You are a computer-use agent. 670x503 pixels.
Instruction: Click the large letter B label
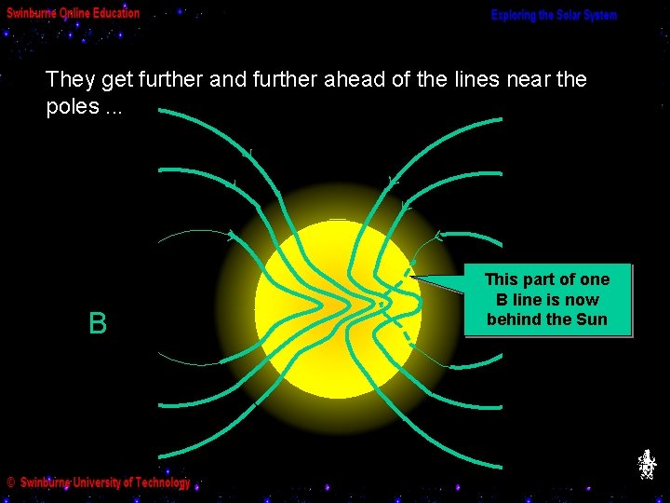(x=98, y=324)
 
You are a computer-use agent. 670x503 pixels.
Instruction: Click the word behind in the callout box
(x=511, y=319)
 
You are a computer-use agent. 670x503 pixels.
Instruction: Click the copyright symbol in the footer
(x=10, y=483)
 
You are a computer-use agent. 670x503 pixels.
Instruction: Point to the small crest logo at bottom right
(x=647, y=463)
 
